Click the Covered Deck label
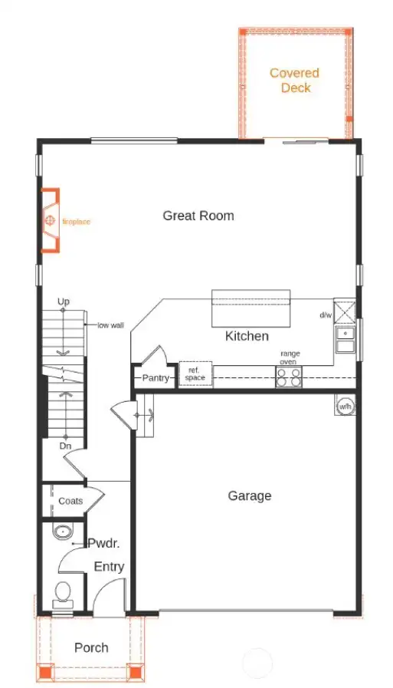coord(294,81)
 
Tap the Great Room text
coord(198,216)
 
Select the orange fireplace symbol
coord(50,221)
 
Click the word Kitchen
coord(247,336)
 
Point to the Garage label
coord(250,495)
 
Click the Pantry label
coord(155,378)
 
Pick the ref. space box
coord(195,374)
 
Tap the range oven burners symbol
coord(289,377)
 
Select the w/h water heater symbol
coord(345,405)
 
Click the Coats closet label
coord(70,501)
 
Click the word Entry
coord(109,567)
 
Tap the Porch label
coord(91,647)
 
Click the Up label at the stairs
coord(64,302)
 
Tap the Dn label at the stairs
coord(66,445)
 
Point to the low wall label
coord(110,325)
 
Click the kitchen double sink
coord(346,339)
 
